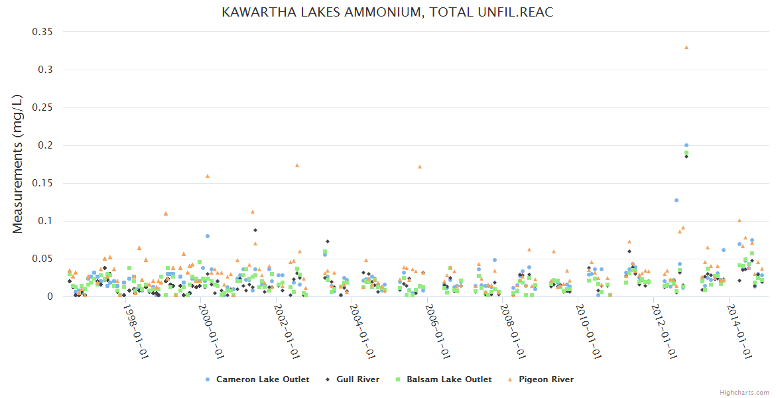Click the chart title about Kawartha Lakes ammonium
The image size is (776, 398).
[387, 13]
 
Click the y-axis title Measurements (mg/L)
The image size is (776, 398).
[18, 165]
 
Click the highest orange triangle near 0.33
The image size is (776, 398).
[686, 47]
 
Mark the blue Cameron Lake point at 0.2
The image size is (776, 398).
[686, 145]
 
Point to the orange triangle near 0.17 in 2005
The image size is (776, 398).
[420, 166]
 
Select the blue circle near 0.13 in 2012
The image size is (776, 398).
[677, 200]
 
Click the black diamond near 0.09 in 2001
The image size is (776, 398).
[255, 230]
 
